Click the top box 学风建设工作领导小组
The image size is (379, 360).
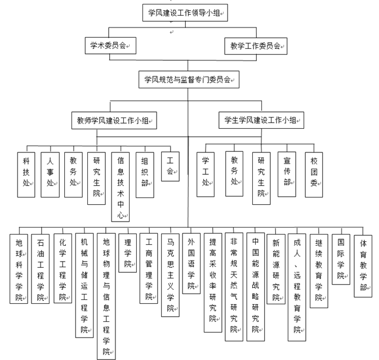click(x=188, y=12)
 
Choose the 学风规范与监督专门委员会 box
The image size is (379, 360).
click(x=188, y=79)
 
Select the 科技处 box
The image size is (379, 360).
click(x=25, y=174)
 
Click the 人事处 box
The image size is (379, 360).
click(x=50, y=174)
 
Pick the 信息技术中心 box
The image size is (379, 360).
click(x=121, y=186)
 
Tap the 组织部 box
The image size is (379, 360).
click(x=145, y=174)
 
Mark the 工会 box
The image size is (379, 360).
click(x=169, y=166)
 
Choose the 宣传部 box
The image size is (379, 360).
click(x=287, y=174)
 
